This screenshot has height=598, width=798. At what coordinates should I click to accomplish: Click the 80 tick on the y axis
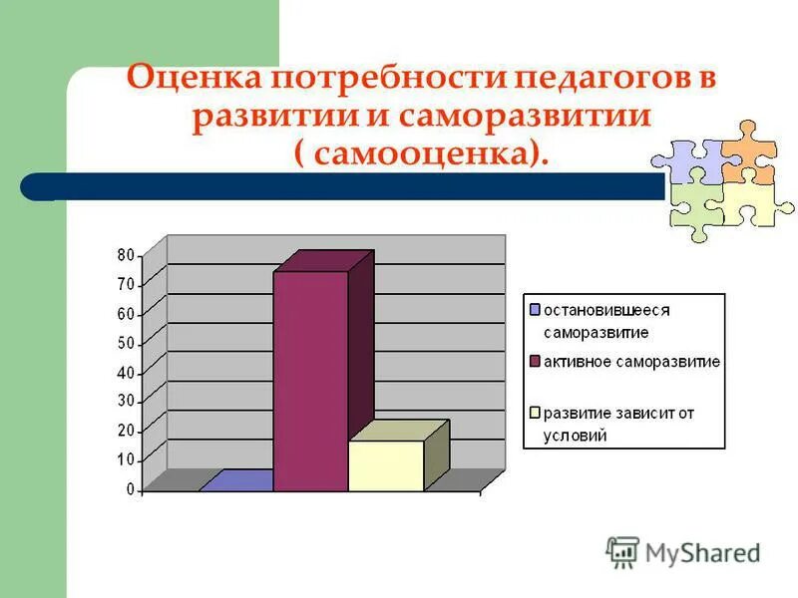tap(126, 255)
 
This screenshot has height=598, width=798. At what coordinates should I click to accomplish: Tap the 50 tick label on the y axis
tap(126, 343)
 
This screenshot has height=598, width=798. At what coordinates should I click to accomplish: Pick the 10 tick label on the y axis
tap(126, 459)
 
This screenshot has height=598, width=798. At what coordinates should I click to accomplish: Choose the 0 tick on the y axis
tap(130, 489)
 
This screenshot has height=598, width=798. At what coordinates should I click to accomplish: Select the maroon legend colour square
tap(535, 361)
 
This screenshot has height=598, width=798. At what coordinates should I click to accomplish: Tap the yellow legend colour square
tap(535, 413)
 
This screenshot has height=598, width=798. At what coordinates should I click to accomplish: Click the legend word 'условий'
tap(575, 436)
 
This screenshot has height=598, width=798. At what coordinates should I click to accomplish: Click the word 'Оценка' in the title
tap(190, 81)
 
